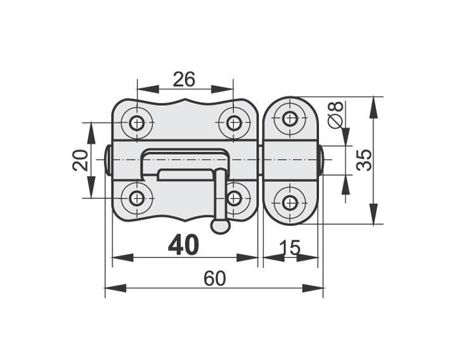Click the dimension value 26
(184, 79)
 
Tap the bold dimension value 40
(183, 245)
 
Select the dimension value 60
(214, 278)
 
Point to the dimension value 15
(289, 248)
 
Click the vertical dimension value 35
(364, 160)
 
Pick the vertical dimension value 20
(81, 161)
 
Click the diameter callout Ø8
(335, 115)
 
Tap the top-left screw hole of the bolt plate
(137, 123)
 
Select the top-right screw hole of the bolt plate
(233, 123)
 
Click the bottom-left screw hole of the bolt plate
(137, 198)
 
